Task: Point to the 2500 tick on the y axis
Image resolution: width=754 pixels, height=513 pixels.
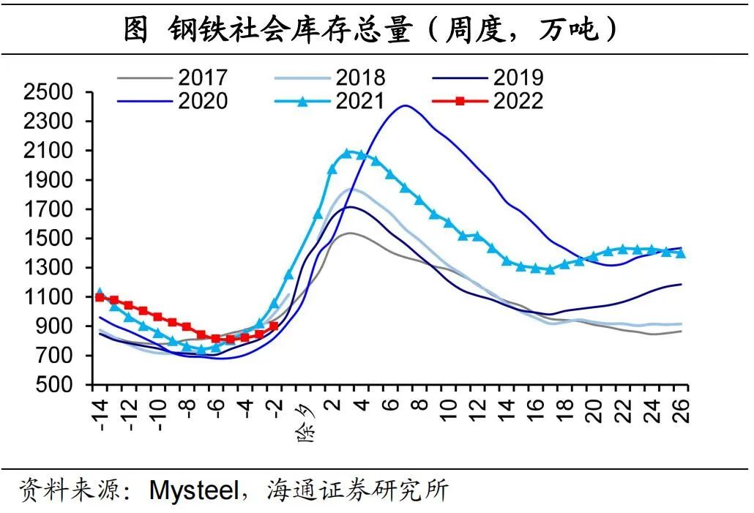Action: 49,92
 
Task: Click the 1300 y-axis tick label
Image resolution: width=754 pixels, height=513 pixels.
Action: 49,268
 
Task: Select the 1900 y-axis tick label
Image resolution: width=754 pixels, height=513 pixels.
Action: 49,180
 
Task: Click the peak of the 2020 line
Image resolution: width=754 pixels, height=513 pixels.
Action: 405,105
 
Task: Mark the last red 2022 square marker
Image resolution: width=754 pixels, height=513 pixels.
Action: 274,326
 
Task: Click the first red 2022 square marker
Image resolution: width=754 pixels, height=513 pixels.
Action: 100,298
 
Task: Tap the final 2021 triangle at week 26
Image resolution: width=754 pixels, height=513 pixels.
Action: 681,253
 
